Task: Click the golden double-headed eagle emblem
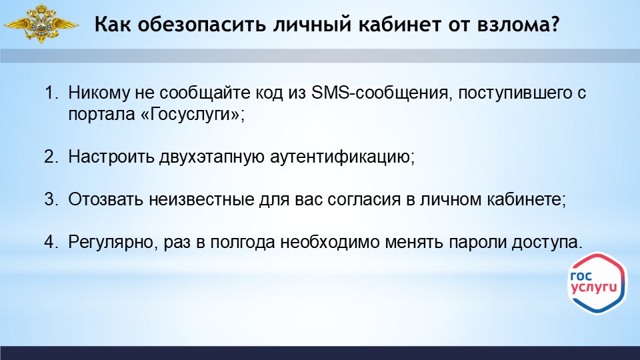pos(41,24)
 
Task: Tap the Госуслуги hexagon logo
pos(597,283)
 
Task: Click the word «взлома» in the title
pos(512,25)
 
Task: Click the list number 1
pos(51,93)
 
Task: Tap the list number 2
pos(51,157)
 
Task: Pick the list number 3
pos(51,199)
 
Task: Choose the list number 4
pos(51,243)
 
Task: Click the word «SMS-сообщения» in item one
pos(381,93)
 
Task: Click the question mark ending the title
pos(554,24)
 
